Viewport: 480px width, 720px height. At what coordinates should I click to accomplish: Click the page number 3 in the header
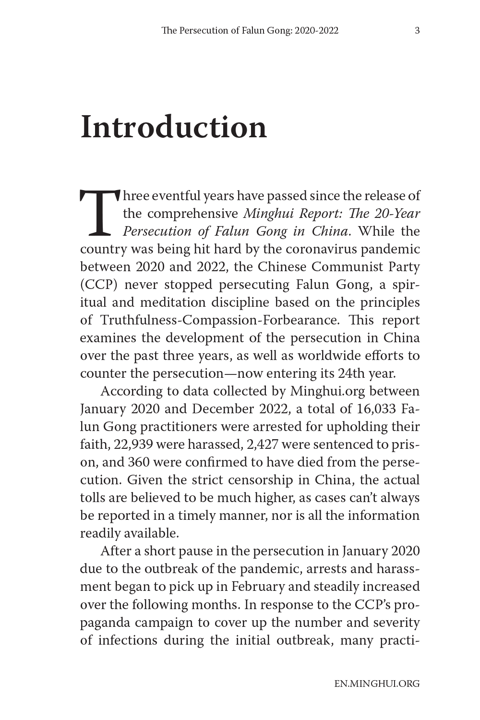click(x=417, y=31)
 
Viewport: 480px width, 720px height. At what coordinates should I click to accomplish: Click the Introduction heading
click(x=173, y=128)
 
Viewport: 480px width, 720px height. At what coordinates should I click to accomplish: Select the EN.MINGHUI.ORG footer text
click(x=377, y=684)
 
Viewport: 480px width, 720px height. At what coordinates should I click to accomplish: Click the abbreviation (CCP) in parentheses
click(x=99, y=285)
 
